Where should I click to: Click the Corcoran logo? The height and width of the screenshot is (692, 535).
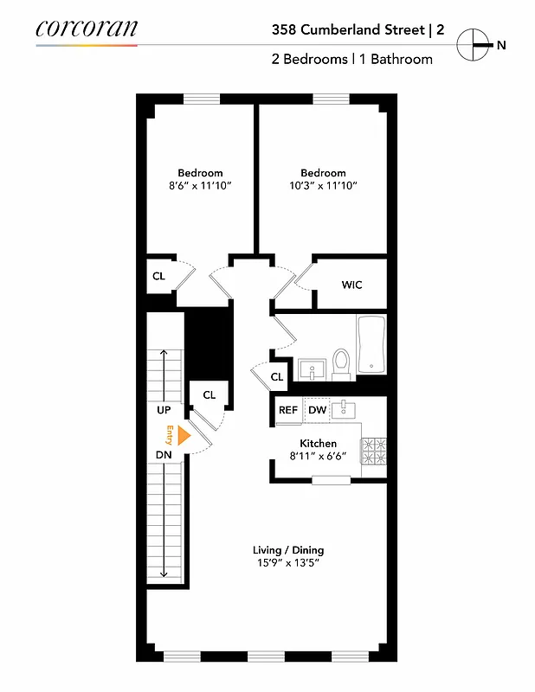coord(87,28)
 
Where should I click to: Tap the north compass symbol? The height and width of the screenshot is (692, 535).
coord(473,44)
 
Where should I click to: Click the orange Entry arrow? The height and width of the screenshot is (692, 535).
coord(183,437)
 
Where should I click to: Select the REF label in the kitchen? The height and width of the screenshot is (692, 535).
coord(288,411)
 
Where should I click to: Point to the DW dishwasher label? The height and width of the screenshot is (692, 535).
coord(317,411)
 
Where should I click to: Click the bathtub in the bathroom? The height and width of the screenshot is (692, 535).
coord(371,344)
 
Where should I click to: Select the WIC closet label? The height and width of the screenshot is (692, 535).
coord(351,284)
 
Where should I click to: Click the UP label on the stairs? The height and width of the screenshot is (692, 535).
coord(164,409)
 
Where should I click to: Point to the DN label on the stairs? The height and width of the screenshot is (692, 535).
coord(164,455)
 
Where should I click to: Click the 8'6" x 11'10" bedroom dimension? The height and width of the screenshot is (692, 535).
coord(200,185)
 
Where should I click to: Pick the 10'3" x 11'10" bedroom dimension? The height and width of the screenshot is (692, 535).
coord(323,185)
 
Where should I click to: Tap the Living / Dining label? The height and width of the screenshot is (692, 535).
coord(288,550)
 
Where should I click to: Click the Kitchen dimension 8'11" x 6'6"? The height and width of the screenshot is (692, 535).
coord(318,457)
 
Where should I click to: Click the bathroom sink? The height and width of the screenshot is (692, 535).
coord(309,370)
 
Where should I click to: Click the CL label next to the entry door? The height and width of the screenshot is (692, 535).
coord(209,394)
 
